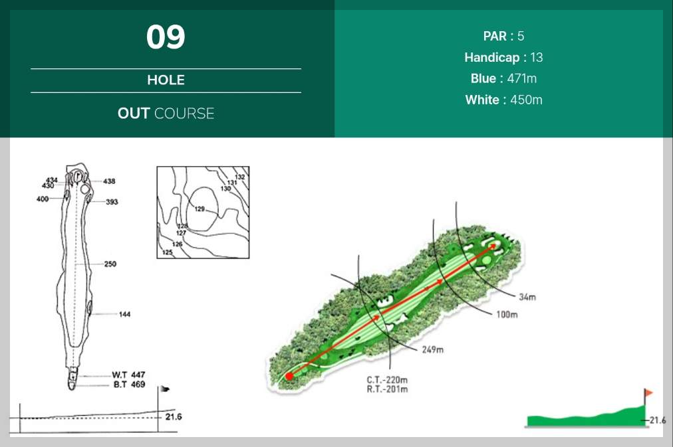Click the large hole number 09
[166, 37]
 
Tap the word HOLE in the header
[166, 80]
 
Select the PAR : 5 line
[503, 36]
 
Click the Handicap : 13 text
[503, 57]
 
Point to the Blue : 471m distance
[503, 78]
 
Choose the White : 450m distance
[503, 100]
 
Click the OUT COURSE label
[166, 113]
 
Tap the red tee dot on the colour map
[290, 377]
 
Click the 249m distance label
[433, 350]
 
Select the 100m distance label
[507, 315]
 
